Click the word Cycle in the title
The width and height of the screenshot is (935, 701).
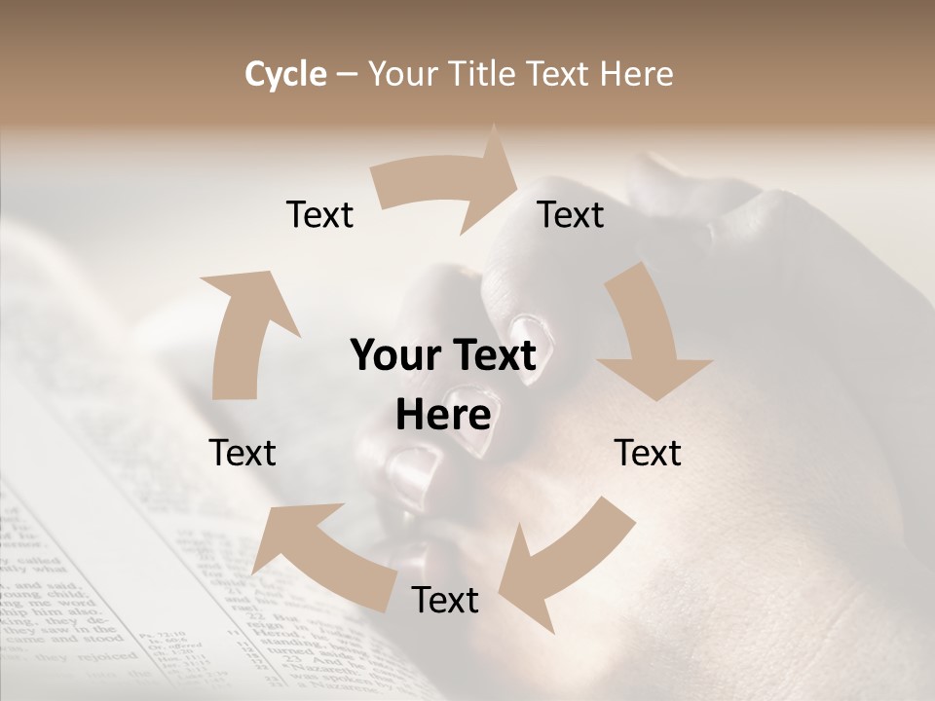coord(285,74)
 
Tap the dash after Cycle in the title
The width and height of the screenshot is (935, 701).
coord(347,75)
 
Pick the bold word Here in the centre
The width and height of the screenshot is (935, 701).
coord(443,416)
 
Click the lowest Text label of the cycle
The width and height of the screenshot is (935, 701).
coord(445,600)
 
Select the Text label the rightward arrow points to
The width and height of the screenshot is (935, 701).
coord(571,214)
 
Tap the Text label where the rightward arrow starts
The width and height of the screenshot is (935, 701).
coord(319,214)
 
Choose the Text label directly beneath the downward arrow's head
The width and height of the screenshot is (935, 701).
coord(648,453)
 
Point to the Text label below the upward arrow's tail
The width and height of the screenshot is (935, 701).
coord(243,453)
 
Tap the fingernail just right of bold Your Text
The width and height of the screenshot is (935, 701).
coord(532,336)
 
